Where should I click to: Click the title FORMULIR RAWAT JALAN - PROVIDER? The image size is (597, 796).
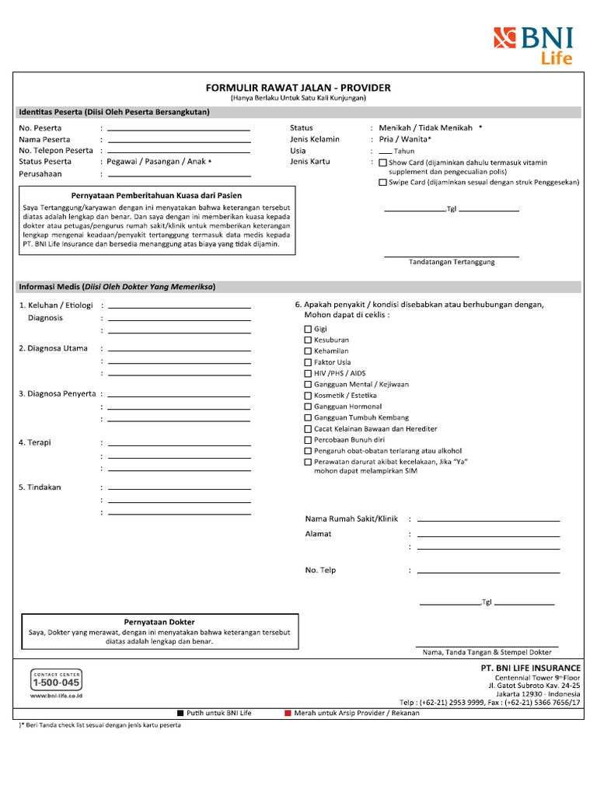(x=298, y=88)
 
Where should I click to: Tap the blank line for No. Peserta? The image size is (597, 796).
(x=179, y=128)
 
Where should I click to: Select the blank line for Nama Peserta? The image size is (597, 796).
(x=179, y=140)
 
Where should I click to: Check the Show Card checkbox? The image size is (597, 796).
(x=382, y=163)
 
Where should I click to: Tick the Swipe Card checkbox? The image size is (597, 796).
(x=382, y=183)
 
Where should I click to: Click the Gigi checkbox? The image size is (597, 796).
(x=308, y=330)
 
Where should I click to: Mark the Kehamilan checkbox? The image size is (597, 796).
(x=308, y=351)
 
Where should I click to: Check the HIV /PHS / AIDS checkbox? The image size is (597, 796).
(x=308, y=374)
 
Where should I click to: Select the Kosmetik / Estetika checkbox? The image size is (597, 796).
(x=308, y=396)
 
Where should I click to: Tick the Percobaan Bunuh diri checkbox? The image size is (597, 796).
(x=308, y=440)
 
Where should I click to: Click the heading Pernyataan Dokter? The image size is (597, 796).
(x=159, y=622)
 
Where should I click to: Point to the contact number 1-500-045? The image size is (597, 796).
(x=56, y=683)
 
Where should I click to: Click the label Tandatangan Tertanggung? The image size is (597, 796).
(x=452, y=262)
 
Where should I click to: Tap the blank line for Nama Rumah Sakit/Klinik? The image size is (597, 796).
(x=488, y=519)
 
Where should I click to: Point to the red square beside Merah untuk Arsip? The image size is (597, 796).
(x=288, y=713)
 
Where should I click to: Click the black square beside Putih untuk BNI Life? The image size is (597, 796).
(x=180, y=713)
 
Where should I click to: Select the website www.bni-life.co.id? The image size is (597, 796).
(x=56, y=696)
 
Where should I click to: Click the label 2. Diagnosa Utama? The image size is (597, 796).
(x=53, y=349)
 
